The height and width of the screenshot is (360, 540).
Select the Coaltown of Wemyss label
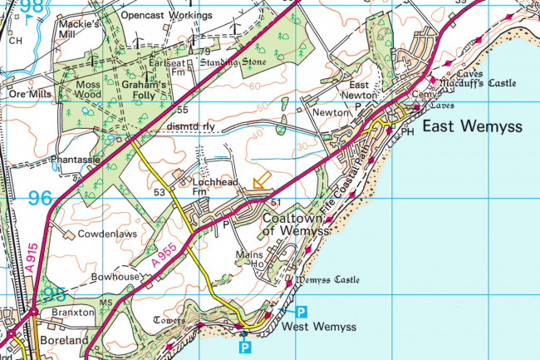pos(292,224)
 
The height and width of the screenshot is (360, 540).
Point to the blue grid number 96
pos(40,200)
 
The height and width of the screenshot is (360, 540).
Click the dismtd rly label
pos(190,126)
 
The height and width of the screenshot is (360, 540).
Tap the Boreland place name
pos(62,341)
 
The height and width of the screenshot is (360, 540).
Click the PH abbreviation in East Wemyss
pos(408,131)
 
